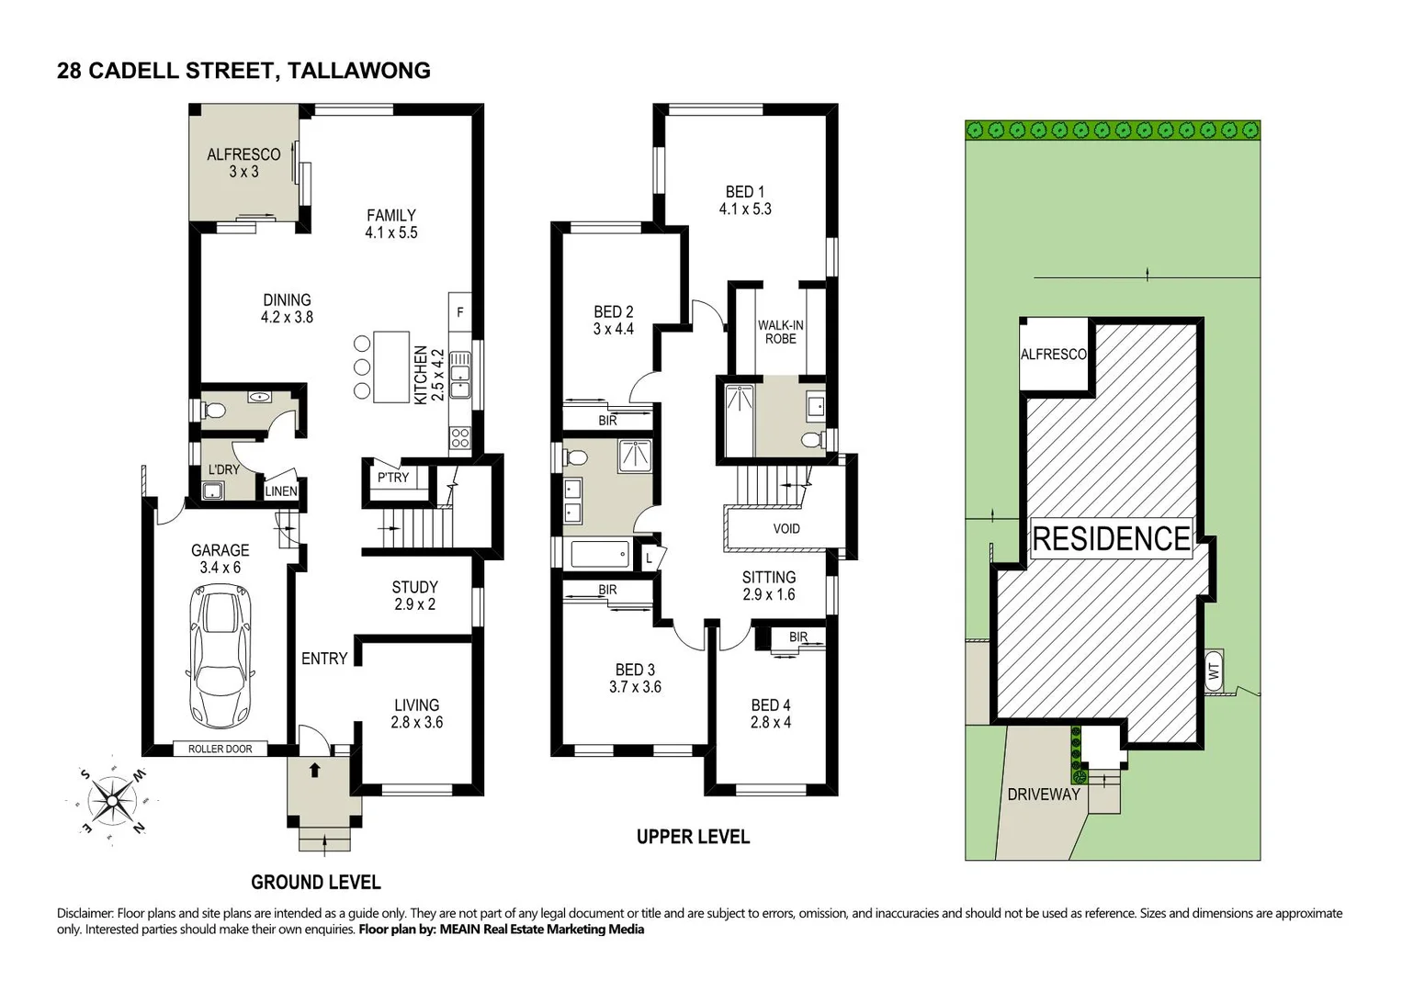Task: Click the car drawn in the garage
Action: [x=220, y=657]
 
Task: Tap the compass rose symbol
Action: [x=112, y=800]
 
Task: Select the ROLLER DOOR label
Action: [x=220, y=749]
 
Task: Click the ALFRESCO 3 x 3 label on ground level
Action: [x=243, y=163]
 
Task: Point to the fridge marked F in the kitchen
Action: [x=459, y=312]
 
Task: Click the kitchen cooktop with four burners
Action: [x=459, y=438]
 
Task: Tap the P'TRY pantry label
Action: [x=393, y=477]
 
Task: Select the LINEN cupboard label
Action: [x=281, y=491]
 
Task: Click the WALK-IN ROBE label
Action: [x=780, y=332]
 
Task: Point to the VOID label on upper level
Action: [x=786, y=528]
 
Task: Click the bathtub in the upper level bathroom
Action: [x=600, y=554]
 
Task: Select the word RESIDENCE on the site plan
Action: [x=1111, y=538]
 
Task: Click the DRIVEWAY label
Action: [x=1043, y=794]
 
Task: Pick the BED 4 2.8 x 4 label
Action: [x=770, y=713]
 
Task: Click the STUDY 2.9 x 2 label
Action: [x=414, y=595]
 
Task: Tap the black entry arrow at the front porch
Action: [x=314, y=770]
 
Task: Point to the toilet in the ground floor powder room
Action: [x=213, y=410]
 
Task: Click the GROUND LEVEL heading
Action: [x=315, y=882]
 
